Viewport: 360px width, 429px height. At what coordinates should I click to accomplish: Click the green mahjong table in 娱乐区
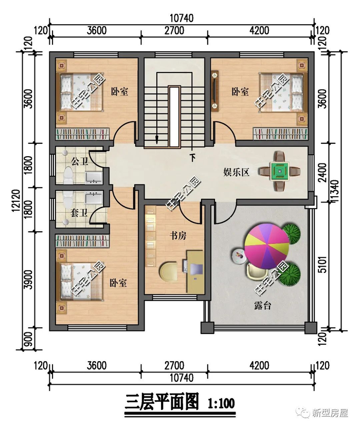coord(279,172)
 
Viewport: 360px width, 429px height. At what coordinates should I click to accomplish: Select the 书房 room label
coord(178,235)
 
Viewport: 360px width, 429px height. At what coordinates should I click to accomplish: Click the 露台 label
coord(262,306)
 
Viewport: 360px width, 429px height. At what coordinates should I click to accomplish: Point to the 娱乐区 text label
coord(236,173)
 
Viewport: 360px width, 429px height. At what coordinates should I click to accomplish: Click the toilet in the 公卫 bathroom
coord(68,176)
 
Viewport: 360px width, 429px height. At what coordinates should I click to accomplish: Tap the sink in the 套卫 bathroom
coord(94,198)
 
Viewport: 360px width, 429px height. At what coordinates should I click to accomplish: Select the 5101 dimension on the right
coord(323,264)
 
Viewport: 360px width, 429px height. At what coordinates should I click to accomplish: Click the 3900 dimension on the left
coord(28,279)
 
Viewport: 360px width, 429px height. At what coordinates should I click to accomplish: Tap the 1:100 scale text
coord(221,403)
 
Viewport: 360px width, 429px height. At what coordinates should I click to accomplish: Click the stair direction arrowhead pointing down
coord(156,141)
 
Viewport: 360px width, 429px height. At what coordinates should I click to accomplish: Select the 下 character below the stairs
coord(193,158)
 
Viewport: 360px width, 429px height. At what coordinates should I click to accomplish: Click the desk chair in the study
coord(168,271)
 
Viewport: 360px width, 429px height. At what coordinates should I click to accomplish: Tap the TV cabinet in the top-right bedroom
coord(215,91)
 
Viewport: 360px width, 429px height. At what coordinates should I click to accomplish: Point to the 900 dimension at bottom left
coord(28,339)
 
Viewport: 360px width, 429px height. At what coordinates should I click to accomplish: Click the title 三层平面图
coord(162,402)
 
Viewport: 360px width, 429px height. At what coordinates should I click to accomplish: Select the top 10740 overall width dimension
coord(182,18)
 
